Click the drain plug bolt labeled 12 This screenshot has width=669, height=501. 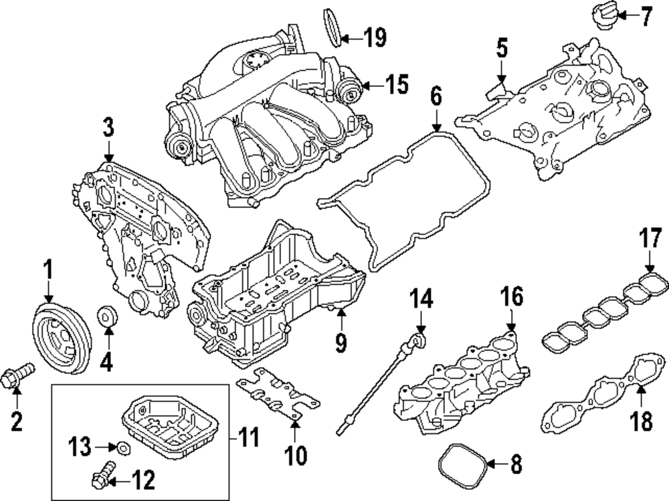(x=102, y=478)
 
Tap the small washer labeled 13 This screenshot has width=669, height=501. (x=122, y=446)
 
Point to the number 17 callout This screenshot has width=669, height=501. (x=649, y=239)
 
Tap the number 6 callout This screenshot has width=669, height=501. (x=436, y=98)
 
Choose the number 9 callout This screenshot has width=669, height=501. (x=341, y=343)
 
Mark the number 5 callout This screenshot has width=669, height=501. (x=502, y=49)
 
